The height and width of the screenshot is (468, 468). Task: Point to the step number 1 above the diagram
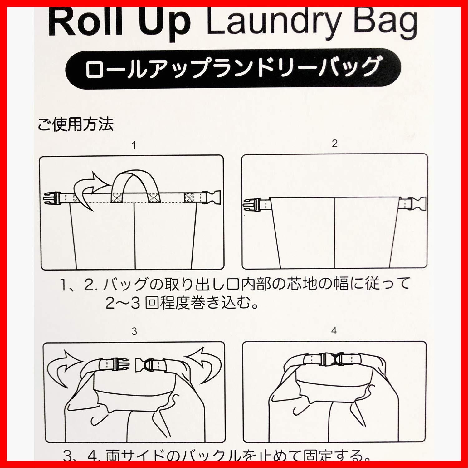point(134,145)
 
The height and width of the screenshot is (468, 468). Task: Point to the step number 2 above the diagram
point(334,144)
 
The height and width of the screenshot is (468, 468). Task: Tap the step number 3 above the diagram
point(134,331)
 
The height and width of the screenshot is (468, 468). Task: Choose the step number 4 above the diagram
point(334,331)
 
